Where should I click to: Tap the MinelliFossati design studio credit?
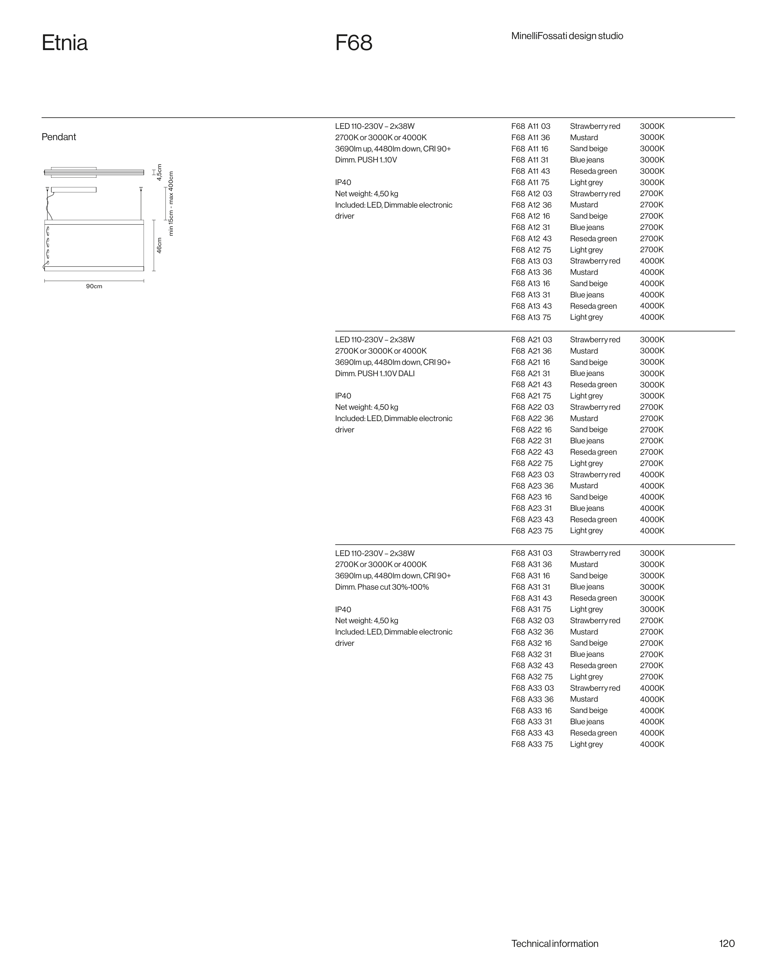click(x=567, y=36)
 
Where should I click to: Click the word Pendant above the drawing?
click(x=59, y=137)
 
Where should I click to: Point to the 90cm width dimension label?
click(x=94, y=286)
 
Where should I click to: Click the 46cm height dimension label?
click(x=159, y=245)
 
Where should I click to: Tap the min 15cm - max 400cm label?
click(x=171, y=204)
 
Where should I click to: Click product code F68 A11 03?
click(x=531, y=126)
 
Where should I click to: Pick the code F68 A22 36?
click(x=532, y=419)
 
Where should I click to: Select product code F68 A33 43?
click(x=532, y=733)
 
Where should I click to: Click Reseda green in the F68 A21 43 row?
click(x=593, y=384)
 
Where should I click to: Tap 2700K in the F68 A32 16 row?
click(x=651, y=643)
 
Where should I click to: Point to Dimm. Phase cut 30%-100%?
click(x=382, y=587)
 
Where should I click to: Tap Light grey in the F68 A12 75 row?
click(x=586, y=250)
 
